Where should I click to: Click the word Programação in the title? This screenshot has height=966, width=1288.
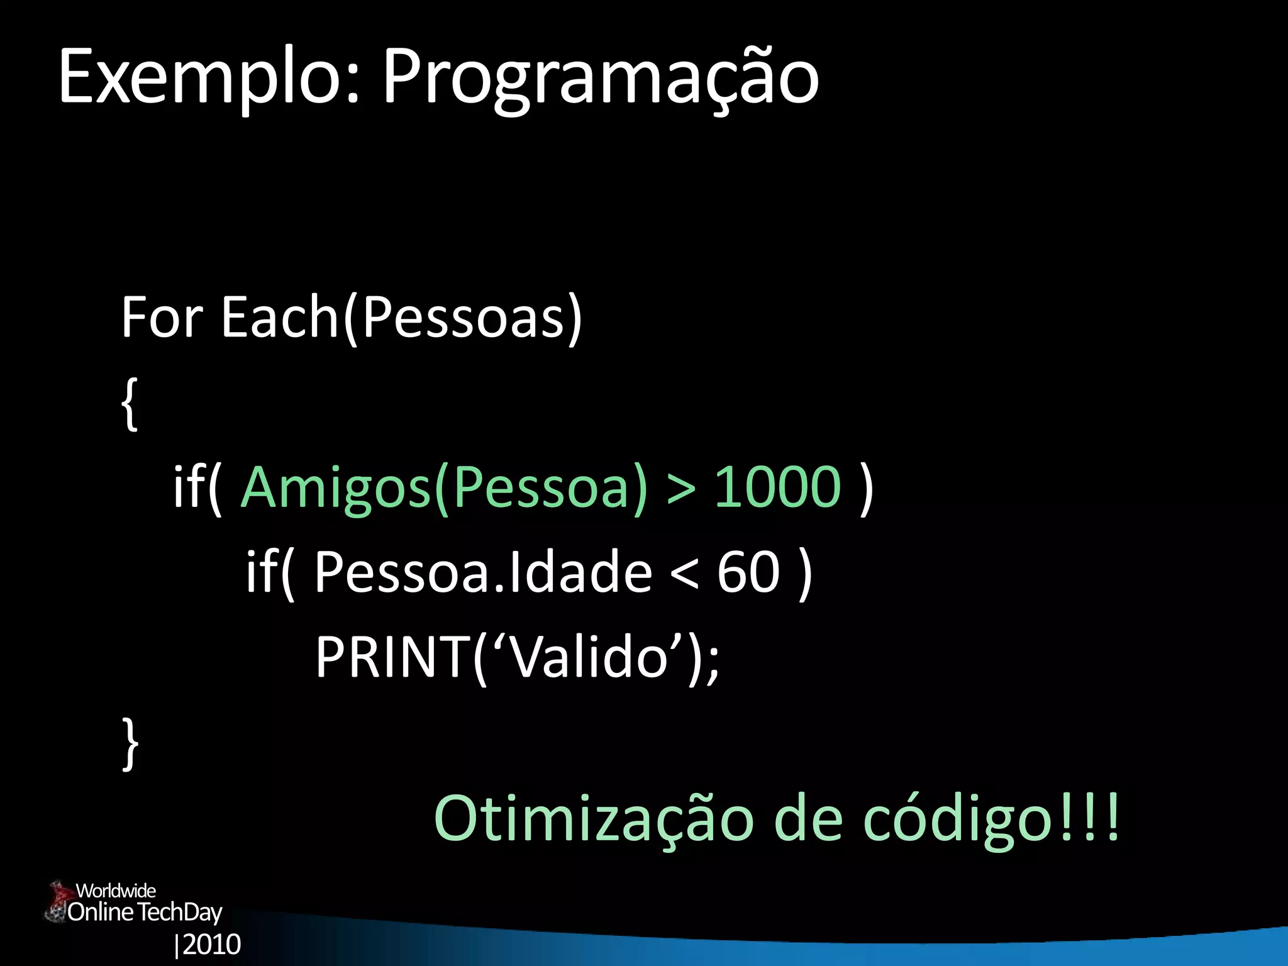click(x=601, y=79)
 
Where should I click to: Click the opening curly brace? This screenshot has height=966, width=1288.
click(x=129, y=404)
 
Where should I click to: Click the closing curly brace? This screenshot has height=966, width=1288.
click(x=130, y=743)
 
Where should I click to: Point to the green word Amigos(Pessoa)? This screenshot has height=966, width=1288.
click(x=444, y=487)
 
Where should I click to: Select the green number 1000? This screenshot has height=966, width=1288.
click(x=778, y=487)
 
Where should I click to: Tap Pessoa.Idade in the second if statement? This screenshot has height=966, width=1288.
click(x=483, y=572)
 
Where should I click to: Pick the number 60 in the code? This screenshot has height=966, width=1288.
click(x=748, y=572)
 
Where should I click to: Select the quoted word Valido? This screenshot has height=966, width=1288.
click(x=589, y=657)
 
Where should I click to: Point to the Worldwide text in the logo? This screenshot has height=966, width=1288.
click(x=116, y=891)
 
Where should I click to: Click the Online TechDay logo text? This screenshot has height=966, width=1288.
click(x=145, y=912)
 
